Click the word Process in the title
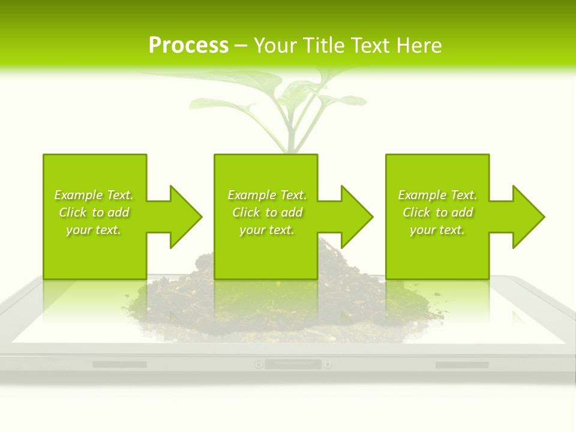pyautogui.click(x=188, y=46)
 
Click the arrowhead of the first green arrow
pyautogui.click(x=186, y=217)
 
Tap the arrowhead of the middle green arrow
pyautogui.click(x=357, y=217)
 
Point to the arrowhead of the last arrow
pyautogui.click(x=529, y=217)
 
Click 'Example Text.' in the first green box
pyautogui.click(x=94, y=195)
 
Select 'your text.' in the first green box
pyautogui.click(x=94, y=230)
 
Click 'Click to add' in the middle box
pyautogui.click(x=267, y=212)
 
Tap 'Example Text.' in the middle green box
pyautogui.click(x=267, y=195)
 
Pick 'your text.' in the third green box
pyautogui.click(x=437, y=230)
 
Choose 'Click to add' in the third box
pyautogui.click(x=437, y=212)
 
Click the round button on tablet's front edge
pyautogui.click(x=259, y=364)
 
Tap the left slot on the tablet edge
pyautogui.click(x=119, y=364)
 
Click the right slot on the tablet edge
pyautogui.click(x=461, y=365)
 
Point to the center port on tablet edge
pyautogui.click(x=293, y=364)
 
